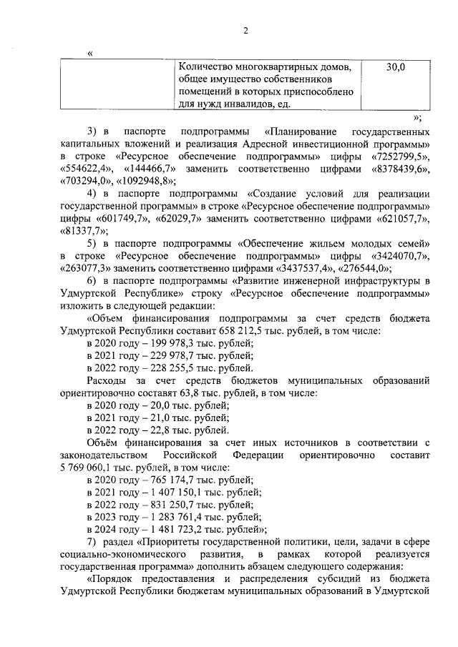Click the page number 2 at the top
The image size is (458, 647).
[x=245, y=30]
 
